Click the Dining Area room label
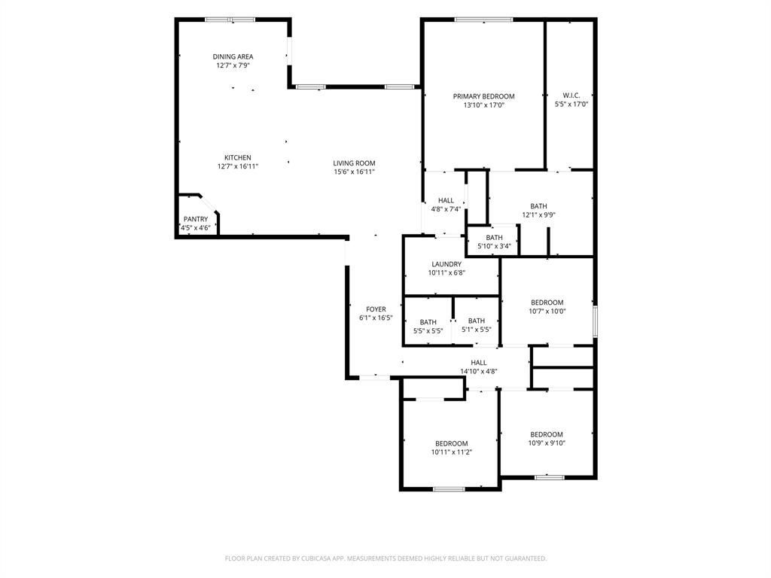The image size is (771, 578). pyautogui.click(x=233, y=56)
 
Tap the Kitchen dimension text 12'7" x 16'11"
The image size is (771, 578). pyautogui.click(x=238, y=166)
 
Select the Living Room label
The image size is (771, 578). pyautogui.click(x=354, y=163)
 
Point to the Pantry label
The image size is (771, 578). pyautogui.click(x=196, y=219)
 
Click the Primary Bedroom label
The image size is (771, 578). pyautogui.click(x=484, y=96)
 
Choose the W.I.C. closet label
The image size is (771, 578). pyautogui.click(x=571, y=96)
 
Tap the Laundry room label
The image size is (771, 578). pyautogui.click(x=446, y=264)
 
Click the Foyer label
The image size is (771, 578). pyautogui.click(x=376, y=309)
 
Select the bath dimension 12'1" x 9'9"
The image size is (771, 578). pyautogui.click(x=538, y=214)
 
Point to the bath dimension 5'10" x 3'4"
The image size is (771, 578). pyautogui.click(x=494, y=246)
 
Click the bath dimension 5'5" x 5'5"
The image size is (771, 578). pyautogui.click(x=428, y=331)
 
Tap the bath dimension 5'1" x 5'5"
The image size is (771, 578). pyautogui.click(x=476, y=330)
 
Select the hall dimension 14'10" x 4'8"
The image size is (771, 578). pyautogui.click(x=478, y=372)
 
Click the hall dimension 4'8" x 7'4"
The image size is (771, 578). pyautogui.click(x=446, y=209)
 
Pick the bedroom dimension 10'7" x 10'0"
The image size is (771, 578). pyautogui.click(x=547, y=311)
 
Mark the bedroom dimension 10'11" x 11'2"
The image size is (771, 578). pyautogui.click(x=452, y=452)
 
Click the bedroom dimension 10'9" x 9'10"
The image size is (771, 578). pyautogui.click(x=547, y=443)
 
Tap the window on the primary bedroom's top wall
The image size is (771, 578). pyautogui.click(x=484, y=20)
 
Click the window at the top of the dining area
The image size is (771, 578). pyautogui.click(x=230, y=20)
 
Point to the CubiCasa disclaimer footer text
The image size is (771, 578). pyautogui.click(x=385, y=558)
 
